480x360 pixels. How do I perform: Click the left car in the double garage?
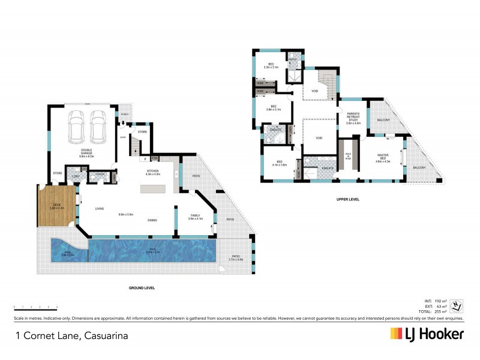(76, 127)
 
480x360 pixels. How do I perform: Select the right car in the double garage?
(97, 127)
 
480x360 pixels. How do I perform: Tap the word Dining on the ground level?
(153, 220)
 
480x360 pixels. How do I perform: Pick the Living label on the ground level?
(100, 208)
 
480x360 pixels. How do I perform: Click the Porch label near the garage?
(125, 114)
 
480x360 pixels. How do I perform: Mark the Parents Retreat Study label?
(353, 117)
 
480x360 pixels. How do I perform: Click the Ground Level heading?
(142, 288)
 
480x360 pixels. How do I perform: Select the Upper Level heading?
(348, 199)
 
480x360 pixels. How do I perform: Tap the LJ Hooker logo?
(427, 334)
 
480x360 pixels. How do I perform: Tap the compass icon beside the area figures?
(457, 305)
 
